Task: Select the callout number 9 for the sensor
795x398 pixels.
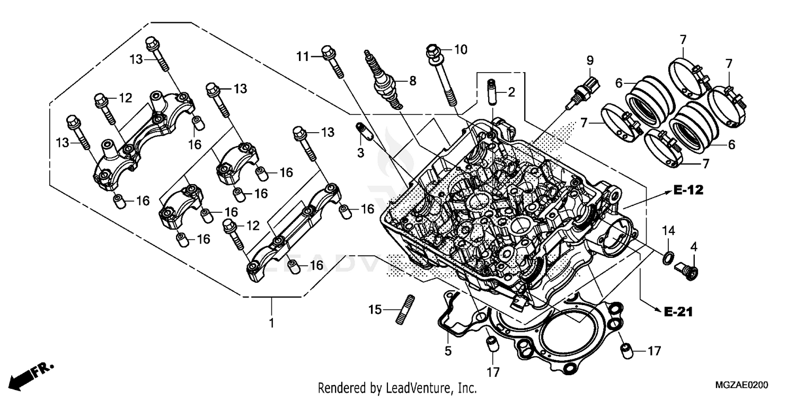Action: pyautogui.click(x=589, y=61)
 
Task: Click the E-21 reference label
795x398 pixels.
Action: pyautogui.click(x=678, y=312)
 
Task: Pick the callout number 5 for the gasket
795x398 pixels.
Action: pyautogui.click(x=448, y=351)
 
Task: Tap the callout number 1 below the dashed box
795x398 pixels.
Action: pyautogui.click(x=271, y=323)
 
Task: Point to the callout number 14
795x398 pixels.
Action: pyautogui.click(x=668, y=231)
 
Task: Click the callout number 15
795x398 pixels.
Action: pyautogui.click(x=375, y=309)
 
